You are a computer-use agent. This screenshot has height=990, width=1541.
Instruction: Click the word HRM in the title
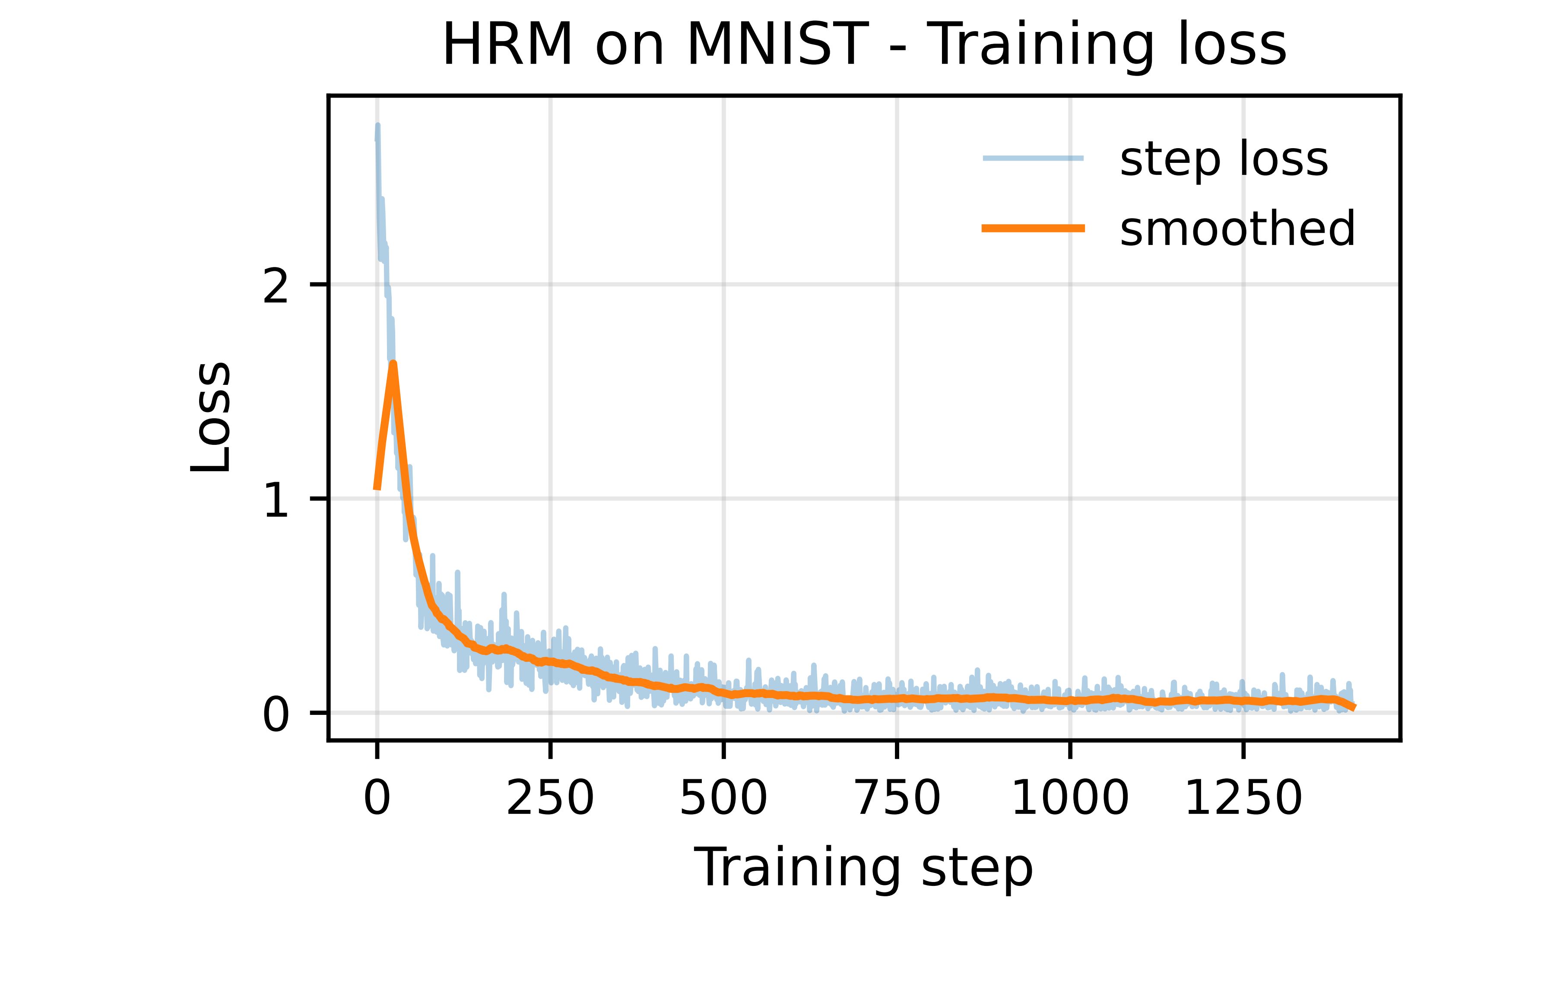(507, 45)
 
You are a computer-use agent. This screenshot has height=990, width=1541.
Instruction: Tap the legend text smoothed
(1237, 229)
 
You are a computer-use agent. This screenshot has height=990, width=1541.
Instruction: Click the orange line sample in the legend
(1034, 228)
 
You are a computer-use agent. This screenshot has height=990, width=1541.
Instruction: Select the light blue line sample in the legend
(1034, 158)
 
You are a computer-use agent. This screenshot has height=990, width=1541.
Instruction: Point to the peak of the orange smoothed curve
(393, 364)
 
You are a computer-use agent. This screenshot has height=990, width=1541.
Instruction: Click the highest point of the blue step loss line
(378, 125)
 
